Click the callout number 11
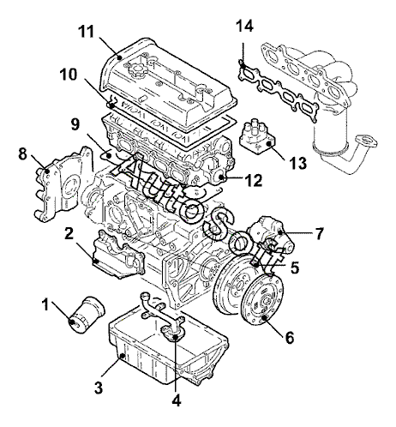coord(87,32)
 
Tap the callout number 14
coord(244,27)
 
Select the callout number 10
coord(69,75)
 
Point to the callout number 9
coord(75,124)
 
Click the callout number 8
coord(22,154)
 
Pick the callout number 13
coord(298,163)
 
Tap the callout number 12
coord(254,180)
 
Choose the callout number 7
coord(320,233)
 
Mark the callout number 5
coord(295,268)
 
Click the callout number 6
coord(290,338)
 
